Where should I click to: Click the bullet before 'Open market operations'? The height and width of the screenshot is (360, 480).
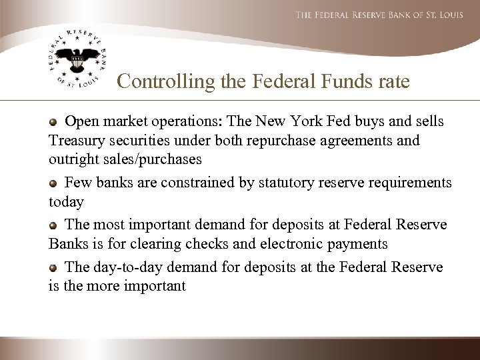click(54, 123)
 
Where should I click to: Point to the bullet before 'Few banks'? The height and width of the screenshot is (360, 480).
click(54, 183)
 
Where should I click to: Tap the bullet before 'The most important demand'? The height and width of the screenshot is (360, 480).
click(54, 225)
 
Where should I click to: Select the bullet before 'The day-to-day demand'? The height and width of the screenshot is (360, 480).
click(54, 268)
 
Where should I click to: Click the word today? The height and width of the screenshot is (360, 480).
click(65, 201)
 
